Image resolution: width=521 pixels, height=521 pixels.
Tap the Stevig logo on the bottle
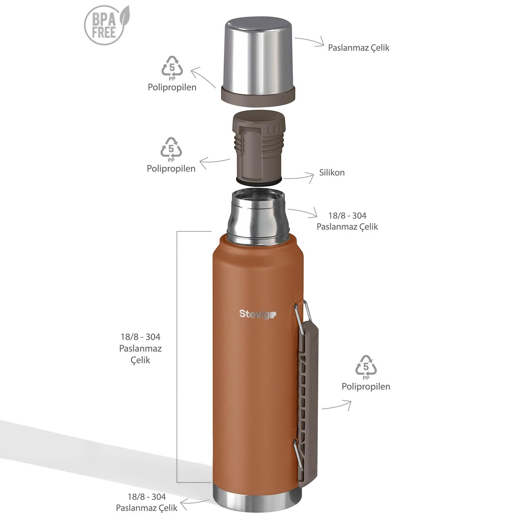coord(257,314)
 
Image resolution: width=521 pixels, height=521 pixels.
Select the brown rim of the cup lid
coord(258,96)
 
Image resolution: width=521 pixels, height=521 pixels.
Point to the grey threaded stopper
coord(258,146)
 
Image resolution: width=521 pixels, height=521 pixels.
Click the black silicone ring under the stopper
coord(259,181)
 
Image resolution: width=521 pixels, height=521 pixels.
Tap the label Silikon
coord(332,172)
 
